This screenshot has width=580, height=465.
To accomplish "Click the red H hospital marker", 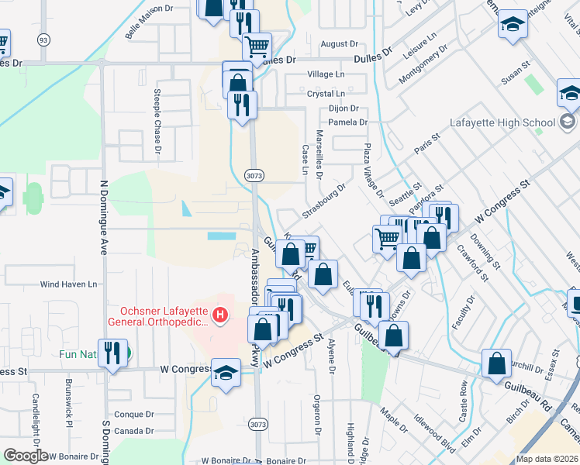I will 220,315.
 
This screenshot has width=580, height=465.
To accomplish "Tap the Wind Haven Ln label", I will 70,284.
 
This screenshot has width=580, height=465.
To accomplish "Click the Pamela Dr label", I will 347,122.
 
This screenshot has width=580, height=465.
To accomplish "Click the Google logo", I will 26,456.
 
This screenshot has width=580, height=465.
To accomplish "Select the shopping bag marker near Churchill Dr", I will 496,363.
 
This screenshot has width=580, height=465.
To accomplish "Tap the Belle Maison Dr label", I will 149,21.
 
